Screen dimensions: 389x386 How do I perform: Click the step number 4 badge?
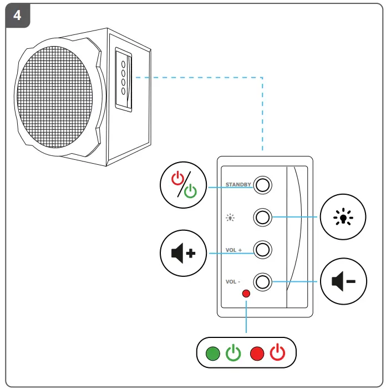click(x=17, y=15)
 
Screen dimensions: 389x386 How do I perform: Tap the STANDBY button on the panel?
click(x=263, y=185)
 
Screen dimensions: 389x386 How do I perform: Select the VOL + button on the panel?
click(x=263, y=250)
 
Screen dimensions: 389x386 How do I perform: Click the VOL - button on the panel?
click(x=263, y=282)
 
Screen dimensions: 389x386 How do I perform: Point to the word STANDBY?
click(x=238, y=184)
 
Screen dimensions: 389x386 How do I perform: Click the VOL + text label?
click(x=233, y=250)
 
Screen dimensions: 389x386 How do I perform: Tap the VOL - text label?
click(x=233, y=282)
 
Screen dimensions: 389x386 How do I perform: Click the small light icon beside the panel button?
click(x=230, y=218)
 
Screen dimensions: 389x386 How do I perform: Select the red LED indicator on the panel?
click(x=246, y=294)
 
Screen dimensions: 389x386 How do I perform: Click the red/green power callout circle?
click(x=184, y=185)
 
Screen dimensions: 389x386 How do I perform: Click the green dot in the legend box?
click(x=212, y=353)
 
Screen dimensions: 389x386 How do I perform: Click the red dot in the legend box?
click(x=257, y=353)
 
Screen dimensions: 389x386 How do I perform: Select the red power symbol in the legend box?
click(x=278, y=352)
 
